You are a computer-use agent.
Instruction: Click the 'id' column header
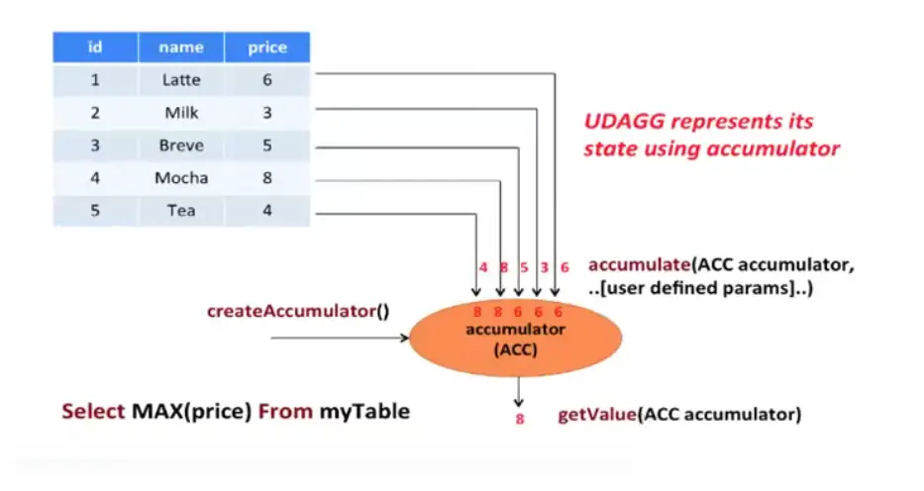coord(95,48)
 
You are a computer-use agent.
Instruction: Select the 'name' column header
coord(181,48)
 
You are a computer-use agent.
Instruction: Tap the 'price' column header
coord(267,48)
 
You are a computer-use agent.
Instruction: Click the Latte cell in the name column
coord(181,80)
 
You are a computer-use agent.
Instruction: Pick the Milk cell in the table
coord(181,113)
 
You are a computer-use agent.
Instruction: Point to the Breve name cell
coord(181,146)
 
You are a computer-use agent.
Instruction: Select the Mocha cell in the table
coord(181,178)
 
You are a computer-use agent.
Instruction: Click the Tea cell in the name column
coord(181,211)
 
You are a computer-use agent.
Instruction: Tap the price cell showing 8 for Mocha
coord(267,178)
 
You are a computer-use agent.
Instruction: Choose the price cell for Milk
coord(267,113)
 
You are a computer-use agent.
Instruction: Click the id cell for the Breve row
coord(95,146)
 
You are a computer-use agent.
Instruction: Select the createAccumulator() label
coord(297,311)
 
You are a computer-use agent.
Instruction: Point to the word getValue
coord(598,415)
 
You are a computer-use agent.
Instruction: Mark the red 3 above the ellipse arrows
coord(544,267)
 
